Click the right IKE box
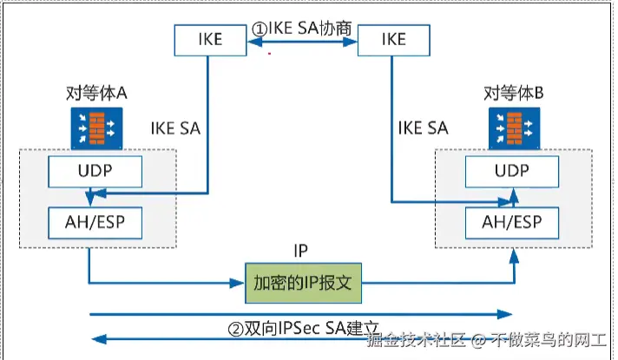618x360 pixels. pyautogui.click(x=394, y=39)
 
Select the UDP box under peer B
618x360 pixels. pyautogui.click(x=510, y=172)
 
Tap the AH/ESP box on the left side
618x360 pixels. pyautogui.click(x=95, y=222)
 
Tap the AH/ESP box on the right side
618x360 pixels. pyautogui.click(x=511, y=222)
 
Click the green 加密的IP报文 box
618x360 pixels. pyautogui.click(x=302, y=284)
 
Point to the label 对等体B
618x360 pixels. pyautogui.click(x=513, y=93)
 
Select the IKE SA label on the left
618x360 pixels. pyautogui.click(x=175, y=128)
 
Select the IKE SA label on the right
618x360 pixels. pyautogui.click(x=423, y=128)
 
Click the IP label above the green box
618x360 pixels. pyautogui.click(x=301, y=252)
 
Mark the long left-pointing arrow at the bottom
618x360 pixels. pyautogui.click(x=234, y=340)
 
